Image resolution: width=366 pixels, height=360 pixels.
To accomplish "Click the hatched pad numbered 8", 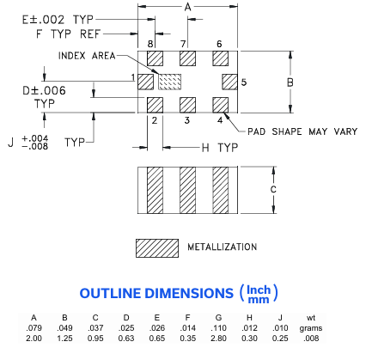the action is (155, 58).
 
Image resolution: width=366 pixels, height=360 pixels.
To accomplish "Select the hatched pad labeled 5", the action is (230, 82).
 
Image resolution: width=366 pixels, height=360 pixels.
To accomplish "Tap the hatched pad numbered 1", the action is (145, 82).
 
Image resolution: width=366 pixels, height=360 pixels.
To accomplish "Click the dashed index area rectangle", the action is (170, 82).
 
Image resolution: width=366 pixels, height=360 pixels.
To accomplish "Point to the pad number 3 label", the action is (187, 120).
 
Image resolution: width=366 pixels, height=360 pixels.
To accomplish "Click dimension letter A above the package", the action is (188, 7).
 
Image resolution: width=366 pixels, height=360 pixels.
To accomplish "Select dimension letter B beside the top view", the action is (290, 82).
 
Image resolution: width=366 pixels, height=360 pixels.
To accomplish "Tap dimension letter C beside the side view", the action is (273, 189).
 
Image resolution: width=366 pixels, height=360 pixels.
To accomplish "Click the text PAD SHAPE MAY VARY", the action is (302, 131).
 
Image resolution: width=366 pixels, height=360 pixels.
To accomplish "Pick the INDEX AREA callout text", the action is (87, 56).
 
